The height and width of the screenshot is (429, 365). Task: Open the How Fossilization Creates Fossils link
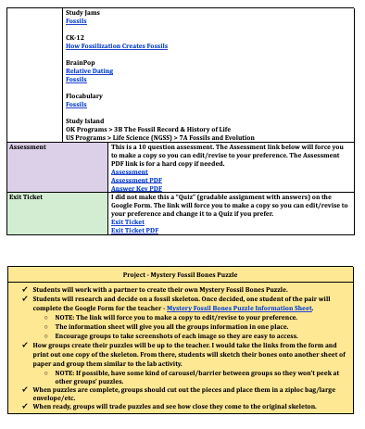[x=117, y=45]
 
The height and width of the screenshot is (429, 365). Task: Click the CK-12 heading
[x=75, y=37]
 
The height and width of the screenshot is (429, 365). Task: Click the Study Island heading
[x=85, y=120]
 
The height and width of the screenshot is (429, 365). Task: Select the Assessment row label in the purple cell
[x=27, y=146]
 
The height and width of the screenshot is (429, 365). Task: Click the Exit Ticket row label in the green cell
[x=27, y=196]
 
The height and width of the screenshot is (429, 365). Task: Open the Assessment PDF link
[x=135, y=180]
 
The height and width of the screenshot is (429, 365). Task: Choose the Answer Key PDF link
[x=136, y=188]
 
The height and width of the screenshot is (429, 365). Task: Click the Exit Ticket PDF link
[x=134, y=230]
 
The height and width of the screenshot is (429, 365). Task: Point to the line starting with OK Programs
[x=157, y=129]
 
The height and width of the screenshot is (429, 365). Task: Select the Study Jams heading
[x=84, y=12]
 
